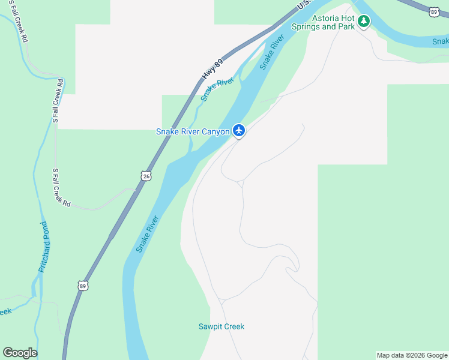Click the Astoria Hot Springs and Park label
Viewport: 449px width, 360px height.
point(322,22)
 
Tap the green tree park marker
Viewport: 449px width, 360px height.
point(363,22)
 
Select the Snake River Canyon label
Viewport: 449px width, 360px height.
point(193,131)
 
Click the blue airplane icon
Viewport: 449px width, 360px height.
point(239,130)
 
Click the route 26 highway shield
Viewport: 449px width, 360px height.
point(146,176)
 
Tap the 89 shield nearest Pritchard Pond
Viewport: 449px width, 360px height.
point(83,286)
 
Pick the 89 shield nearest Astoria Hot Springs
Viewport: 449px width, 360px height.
point(434,11)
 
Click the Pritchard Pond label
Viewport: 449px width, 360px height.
point(43,247)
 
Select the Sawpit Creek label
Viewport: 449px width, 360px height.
point(221,326)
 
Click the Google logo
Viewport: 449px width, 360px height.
point(20,353)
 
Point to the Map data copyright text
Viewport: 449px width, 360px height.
point(412,355)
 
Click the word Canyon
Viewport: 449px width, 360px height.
point(215,131)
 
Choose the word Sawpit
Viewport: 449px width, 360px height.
point(211,326)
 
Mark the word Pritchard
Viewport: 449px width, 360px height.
point(43,254)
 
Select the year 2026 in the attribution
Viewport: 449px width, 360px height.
point(417,355)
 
